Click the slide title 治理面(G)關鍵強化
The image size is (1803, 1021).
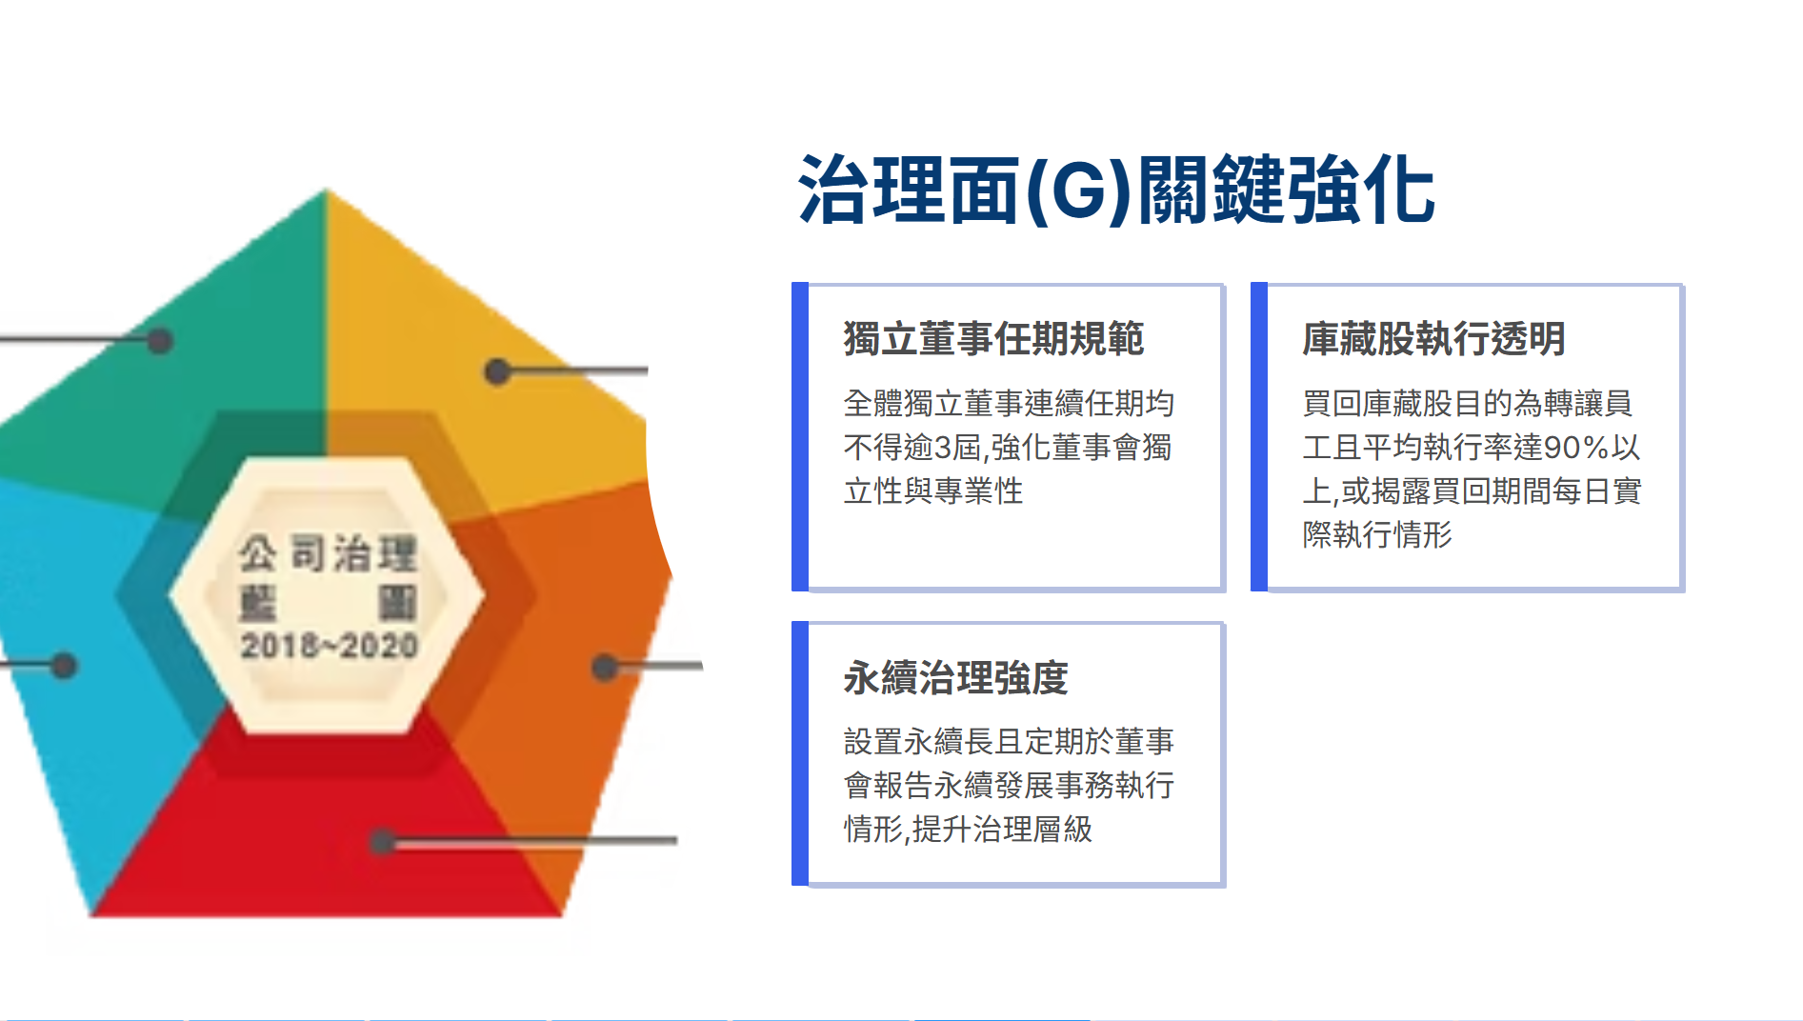[1116, 190]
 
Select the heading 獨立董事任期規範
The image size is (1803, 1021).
[993, 339]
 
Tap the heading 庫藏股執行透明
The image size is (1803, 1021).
[1433, 339]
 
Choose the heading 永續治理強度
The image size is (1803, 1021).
[955, 678]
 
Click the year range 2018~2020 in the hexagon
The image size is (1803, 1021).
[329, 646]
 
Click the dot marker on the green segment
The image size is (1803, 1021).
[159, 340]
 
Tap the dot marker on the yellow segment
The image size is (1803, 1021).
[496, 371]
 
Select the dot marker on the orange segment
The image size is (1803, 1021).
[604, 667]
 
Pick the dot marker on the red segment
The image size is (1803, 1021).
[382, 841]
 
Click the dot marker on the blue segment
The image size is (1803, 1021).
[64, 665]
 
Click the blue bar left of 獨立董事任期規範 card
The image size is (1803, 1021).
[800, 436]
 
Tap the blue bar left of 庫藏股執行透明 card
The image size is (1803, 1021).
[1259, 436]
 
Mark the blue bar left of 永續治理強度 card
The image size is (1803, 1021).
[800, 753]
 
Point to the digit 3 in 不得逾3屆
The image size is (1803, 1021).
[943, 448]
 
